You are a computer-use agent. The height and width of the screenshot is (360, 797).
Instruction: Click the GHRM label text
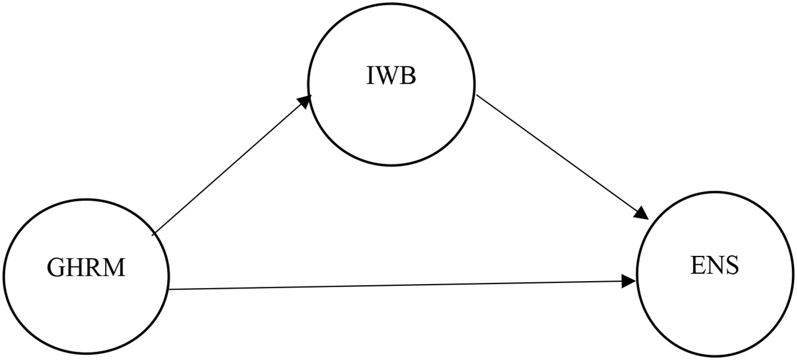86,268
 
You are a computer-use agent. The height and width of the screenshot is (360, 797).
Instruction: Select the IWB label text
391,76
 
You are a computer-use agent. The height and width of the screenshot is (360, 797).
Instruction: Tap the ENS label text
714,265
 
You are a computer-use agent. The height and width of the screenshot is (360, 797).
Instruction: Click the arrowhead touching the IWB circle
305,100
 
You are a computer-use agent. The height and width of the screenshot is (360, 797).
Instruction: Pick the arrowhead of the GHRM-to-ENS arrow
629,281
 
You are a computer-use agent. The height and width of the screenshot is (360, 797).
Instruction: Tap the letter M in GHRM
114,268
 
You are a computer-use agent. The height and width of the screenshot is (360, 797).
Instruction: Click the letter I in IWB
370,76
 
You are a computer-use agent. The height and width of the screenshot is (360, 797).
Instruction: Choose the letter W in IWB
388,76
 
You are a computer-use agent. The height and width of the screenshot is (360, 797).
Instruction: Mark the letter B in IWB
408,76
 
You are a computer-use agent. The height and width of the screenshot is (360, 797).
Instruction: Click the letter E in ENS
697,265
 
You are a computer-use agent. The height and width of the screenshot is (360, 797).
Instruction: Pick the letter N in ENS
715,265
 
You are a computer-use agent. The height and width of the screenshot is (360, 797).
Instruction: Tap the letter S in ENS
732,265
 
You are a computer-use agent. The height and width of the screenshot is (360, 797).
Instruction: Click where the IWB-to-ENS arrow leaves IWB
477,96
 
